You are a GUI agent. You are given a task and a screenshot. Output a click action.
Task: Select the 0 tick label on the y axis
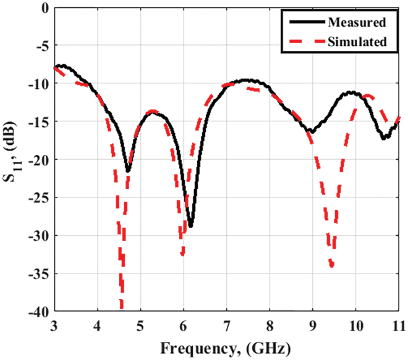[x=45, y=7]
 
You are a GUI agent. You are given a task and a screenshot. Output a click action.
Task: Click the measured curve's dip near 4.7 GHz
[x=128, y=170]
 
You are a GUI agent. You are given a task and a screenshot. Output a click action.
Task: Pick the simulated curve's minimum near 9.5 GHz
[x=331, y=266]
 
